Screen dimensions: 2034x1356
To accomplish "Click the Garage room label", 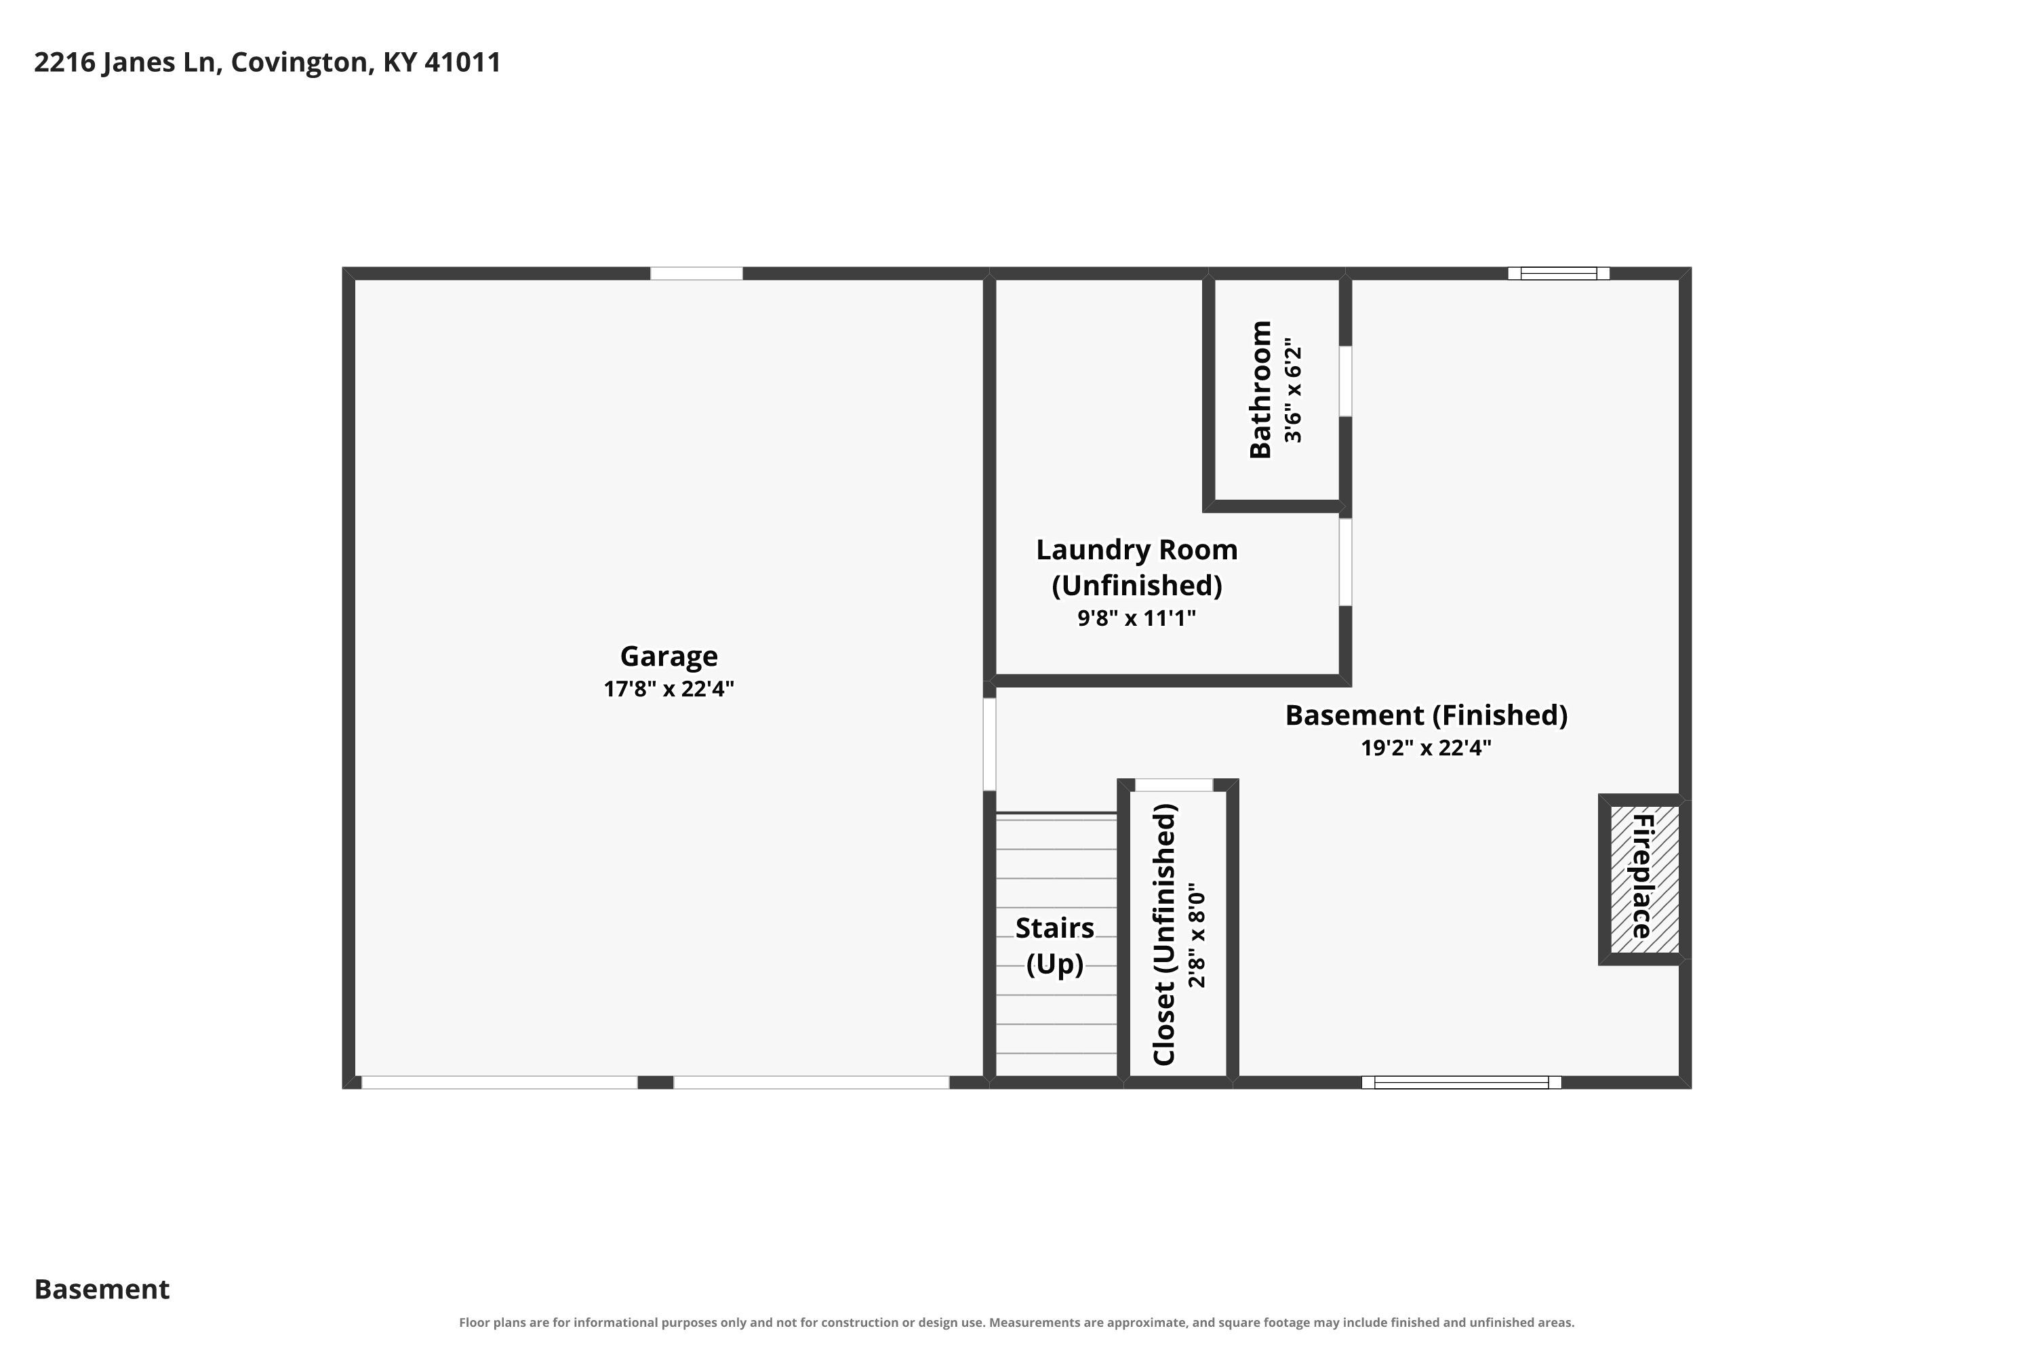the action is click(669, 657).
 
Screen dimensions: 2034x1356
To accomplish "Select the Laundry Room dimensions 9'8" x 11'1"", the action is click(1136, 618).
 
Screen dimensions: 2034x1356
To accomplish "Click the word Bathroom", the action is click(1261, 389).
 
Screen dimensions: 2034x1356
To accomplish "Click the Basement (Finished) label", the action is click(1426, 715).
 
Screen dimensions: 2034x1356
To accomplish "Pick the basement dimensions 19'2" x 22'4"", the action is click(1426, 748).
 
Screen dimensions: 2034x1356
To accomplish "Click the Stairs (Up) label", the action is click(1055, 945).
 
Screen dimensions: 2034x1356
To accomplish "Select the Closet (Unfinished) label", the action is click(1165, 935).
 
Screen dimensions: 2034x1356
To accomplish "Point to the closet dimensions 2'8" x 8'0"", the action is click(1197, 935).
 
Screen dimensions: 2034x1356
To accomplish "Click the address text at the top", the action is click(267, 62).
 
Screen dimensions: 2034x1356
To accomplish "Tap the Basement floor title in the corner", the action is click(102, 1290).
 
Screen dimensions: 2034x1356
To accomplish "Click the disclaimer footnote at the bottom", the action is click(1017, 1322).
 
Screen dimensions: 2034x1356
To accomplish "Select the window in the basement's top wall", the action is click(1558, 273).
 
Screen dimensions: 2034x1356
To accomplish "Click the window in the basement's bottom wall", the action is click(1462, 1082).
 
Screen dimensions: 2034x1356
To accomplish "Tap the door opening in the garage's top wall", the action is click(696, 273).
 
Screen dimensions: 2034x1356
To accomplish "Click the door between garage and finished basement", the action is click(989, 744).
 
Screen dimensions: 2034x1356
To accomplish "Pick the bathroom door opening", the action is click(1346, 381).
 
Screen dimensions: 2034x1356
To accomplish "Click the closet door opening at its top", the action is click(1174, 784).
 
